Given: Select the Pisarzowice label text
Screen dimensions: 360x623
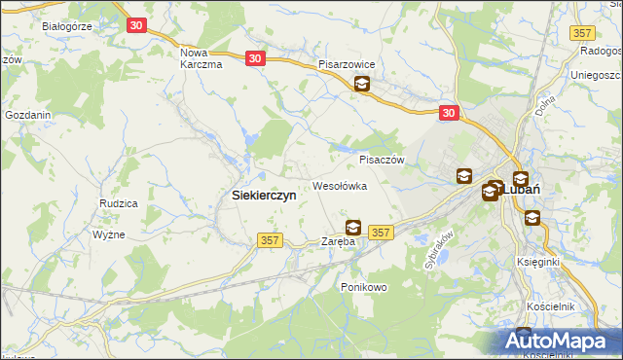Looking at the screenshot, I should tap(353, 64).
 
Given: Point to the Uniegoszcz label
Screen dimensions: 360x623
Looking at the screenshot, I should tap(596, 75).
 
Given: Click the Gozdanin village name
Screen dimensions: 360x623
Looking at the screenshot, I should tap(27, 115).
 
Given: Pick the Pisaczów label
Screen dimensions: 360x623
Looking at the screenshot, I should tap(381, 160).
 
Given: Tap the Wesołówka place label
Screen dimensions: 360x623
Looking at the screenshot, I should tap(339, 185).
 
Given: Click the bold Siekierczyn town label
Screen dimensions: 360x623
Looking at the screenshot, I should tap(264, 195).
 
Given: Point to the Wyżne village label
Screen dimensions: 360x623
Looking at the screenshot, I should tap(108, 235).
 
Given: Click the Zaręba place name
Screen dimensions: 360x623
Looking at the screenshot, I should tap(341, 241).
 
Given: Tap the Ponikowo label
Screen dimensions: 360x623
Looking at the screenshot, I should tap(364, 287).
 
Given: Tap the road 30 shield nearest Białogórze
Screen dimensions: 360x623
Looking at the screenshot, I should tap(137, 25).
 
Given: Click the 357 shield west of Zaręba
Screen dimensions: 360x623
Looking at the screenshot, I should tap(270, 239).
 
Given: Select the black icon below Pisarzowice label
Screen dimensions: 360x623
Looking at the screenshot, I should tap(361, 85).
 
